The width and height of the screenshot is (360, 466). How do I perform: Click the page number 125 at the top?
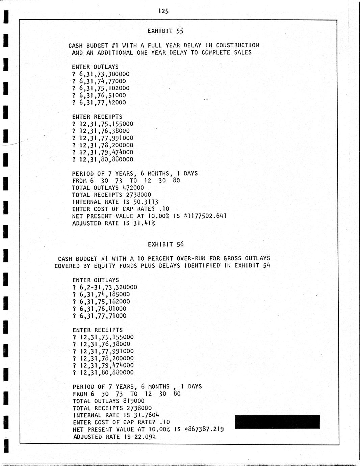point(163,11)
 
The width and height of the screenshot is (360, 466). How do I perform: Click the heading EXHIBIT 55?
point(165,31)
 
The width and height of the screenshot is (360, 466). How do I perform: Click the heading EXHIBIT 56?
point(166,244)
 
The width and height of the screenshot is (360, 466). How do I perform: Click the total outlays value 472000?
point(132,188)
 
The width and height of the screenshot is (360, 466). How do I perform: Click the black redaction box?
point(277,422)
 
